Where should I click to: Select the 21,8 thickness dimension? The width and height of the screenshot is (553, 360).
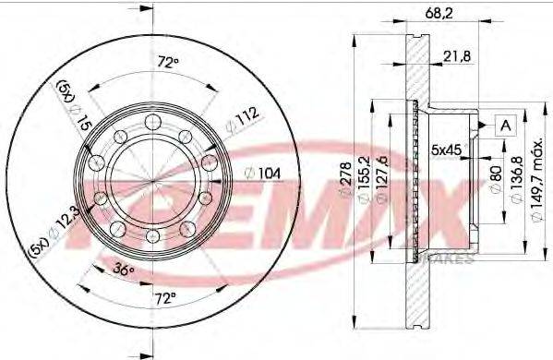pyautogui.click(x=456, y=57)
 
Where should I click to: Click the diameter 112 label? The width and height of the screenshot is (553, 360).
pyautogui.click(x=243, y=118)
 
